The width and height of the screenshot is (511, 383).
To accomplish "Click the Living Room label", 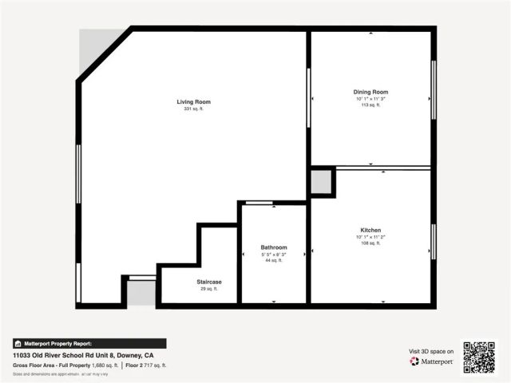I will tap(193, 102).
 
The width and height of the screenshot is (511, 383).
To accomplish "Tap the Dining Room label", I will tap(370, 93).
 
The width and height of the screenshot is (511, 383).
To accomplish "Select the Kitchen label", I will tap(370, 230).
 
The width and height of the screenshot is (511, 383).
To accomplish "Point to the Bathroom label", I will tap(274, 247).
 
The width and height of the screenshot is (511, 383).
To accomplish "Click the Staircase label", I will tap(209, 282).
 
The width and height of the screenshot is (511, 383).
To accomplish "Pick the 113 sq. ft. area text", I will tap(370, 105).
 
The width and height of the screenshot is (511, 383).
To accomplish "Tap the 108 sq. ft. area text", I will tap(370, 243).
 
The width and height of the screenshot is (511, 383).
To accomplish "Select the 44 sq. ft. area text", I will tap(274, 260).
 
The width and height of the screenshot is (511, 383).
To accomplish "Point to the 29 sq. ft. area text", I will tap(209, 289).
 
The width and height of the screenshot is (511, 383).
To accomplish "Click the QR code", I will tap(479, 357).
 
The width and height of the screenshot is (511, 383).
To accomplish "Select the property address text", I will tap(83, 354).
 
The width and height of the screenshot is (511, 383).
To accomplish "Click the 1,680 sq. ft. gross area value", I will tap(105, 365).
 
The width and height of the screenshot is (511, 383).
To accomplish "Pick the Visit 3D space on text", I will tap(431, 351).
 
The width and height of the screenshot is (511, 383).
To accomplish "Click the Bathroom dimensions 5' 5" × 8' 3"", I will tap(274, 255).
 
